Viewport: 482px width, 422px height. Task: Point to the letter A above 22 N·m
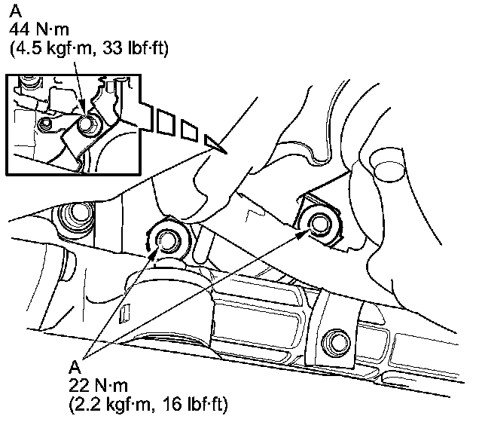click(x=74, y=367)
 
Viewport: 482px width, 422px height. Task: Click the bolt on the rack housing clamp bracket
click(x=337, y=340)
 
